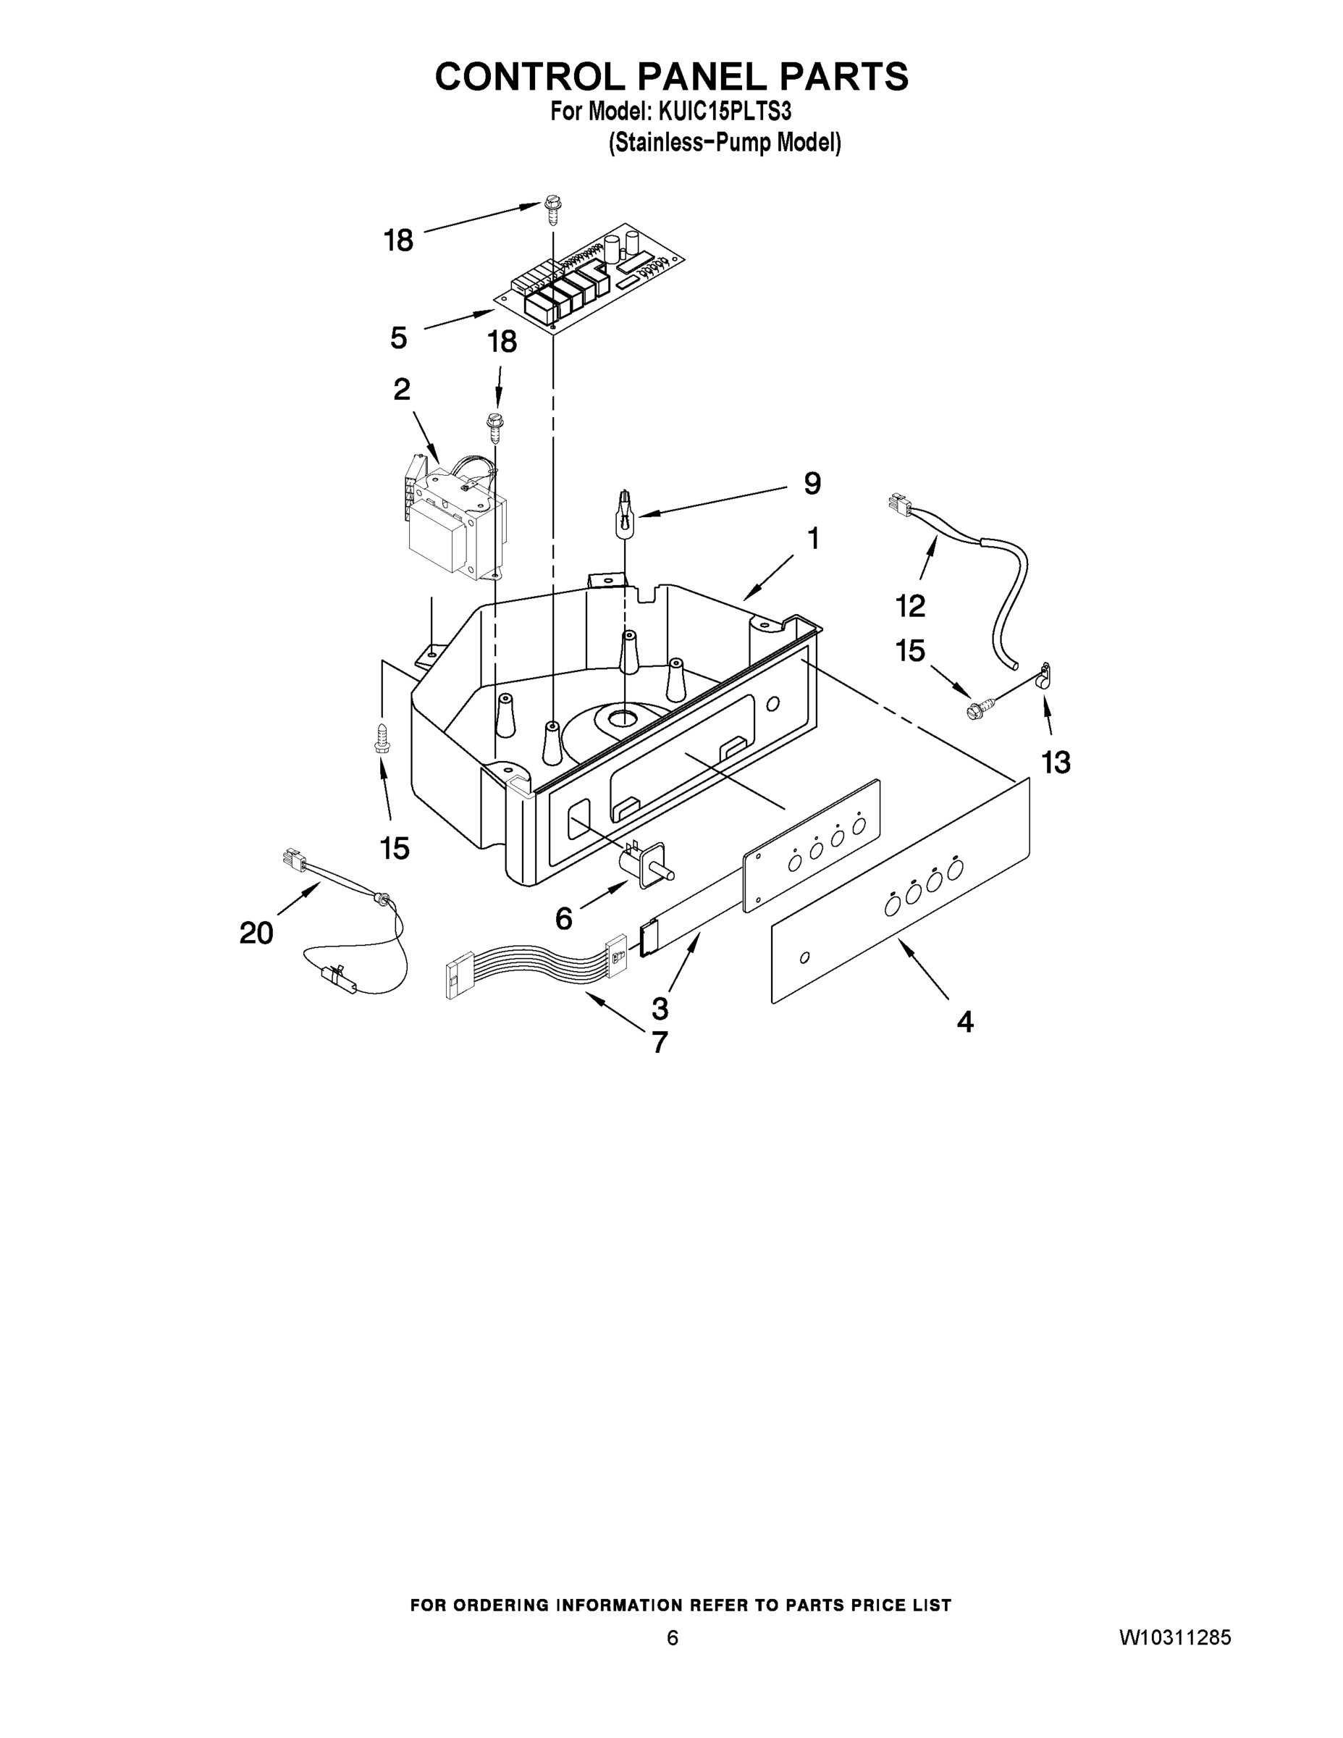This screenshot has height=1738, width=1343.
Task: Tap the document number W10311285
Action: [x=1175, y=1659]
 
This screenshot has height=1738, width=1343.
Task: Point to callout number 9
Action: [x=812, y=484]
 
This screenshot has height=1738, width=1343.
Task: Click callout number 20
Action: [x=256, y=933]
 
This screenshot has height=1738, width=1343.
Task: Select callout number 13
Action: [x=1056, y=763]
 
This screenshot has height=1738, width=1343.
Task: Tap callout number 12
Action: [x=910, y=605]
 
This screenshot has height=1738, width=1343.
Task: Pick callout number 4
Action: [x=964, y=1022]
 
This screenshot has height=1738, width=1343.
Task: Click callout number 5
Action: [x=399, y=338]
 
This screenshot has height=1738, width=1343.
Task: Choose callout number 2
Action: [x=402, y=390]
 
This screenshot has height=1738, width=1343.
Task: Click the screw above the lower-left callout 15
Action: [x=381, y=739]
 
